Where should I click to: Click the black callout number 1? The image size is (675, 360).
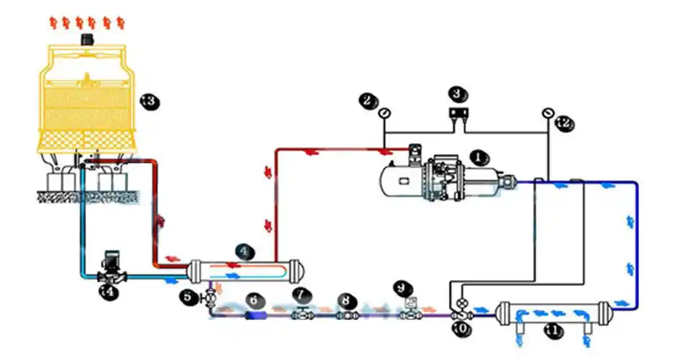click(478, 155)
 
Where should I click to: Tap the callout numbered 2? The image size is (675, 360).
click(369, 101)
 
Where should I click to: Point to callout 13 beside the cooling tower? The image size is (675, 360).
click(148, 102)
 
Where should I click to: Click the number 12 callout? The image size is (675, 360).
click(563, 123)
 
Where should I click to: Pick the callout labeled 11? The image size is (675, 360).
click(552, 330)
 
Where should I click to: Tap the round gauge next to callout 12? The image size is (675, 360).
click(548, 112)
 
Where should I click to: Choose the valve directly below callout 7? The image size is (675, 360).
click(302, 314)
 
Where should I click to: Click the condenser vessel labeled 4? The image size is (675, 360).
click(245, 273)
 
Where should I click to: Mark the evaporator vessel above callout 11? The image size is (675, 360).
click(553, 312)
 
